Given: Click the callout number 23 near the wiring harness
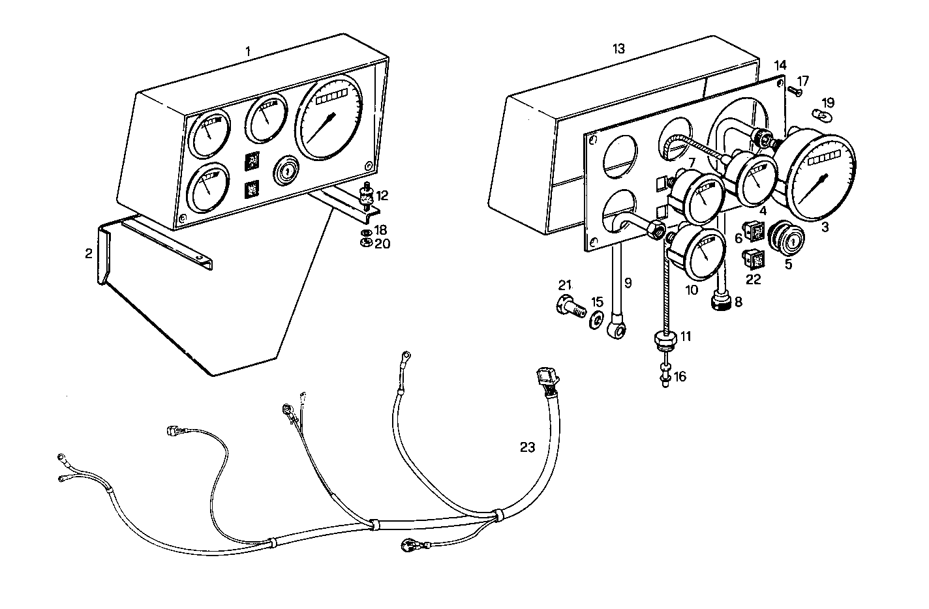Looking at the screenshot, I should [527, 447].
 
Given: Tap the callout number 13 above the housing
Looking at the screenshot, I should [618, 48].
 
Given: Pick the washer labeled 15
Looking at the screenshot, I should [595, 320].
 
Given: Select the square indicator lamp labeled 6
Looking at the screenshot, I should [757, 231].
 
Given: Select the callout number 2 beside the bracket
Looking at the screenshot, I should [89, 254].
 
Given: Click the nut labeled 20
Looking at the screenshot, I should [367, 243].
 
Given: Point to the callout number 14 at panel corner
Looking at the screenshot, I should [781, 65].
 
